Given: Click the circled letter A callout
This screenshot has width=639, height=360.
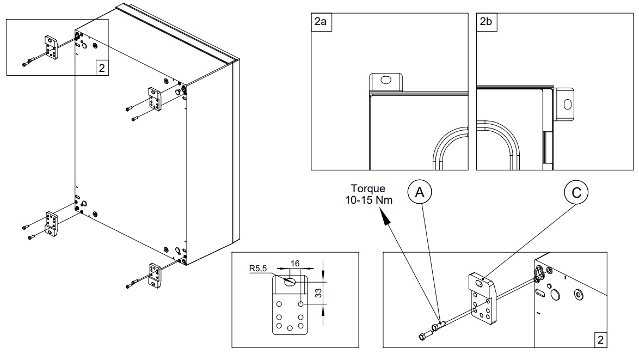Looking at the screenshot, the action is point(419,192).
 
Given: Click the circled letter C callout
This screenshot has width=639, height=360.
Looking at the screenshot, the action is point(576,192).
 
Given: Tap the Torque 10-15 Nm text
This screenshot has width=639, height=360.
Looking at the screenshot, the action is point(368,194).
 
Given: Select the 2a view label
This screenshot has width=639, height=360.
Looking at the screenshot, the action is point(321,22).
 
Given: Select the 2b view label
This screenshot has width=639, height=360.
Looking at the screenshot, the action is point(486,22).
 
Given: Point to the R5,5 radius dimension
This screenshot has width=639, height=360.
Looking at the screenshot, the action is point(258,269).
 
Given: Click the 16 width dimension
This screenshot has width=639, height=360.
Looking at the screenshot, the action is point(295,264).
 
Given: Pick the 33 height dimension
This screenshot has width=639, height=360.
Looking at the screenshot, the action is point(319,292).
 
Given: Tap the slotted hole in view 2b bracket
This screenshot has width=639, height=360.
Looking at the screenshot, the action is point(567,105).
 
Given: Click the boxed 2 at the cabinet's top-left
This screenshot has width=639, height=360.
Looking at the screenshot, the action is point(102,68).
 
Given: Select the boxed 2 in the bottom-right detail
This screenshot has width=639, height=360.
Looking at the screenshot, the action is point(600,340).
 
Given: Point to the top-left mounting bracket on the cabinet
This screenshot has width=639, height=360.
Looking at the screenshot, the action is point(51,47).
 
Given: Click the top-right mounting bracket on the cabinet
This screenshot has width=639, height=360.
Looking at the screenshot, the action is point(155,99).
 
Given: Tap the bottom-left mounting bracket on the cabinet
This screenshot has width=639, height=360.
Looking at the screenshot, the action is point(51,224).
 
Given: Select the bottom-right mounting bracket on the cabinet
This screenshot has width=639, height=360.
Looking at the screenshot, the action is point(155,275).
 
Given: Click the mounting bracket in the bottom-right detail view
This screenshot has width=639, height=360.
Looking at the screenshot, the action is point(482,299).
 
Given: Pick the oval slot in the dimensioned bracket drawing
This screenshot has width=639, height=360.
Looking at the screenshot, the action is point(291,282).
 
